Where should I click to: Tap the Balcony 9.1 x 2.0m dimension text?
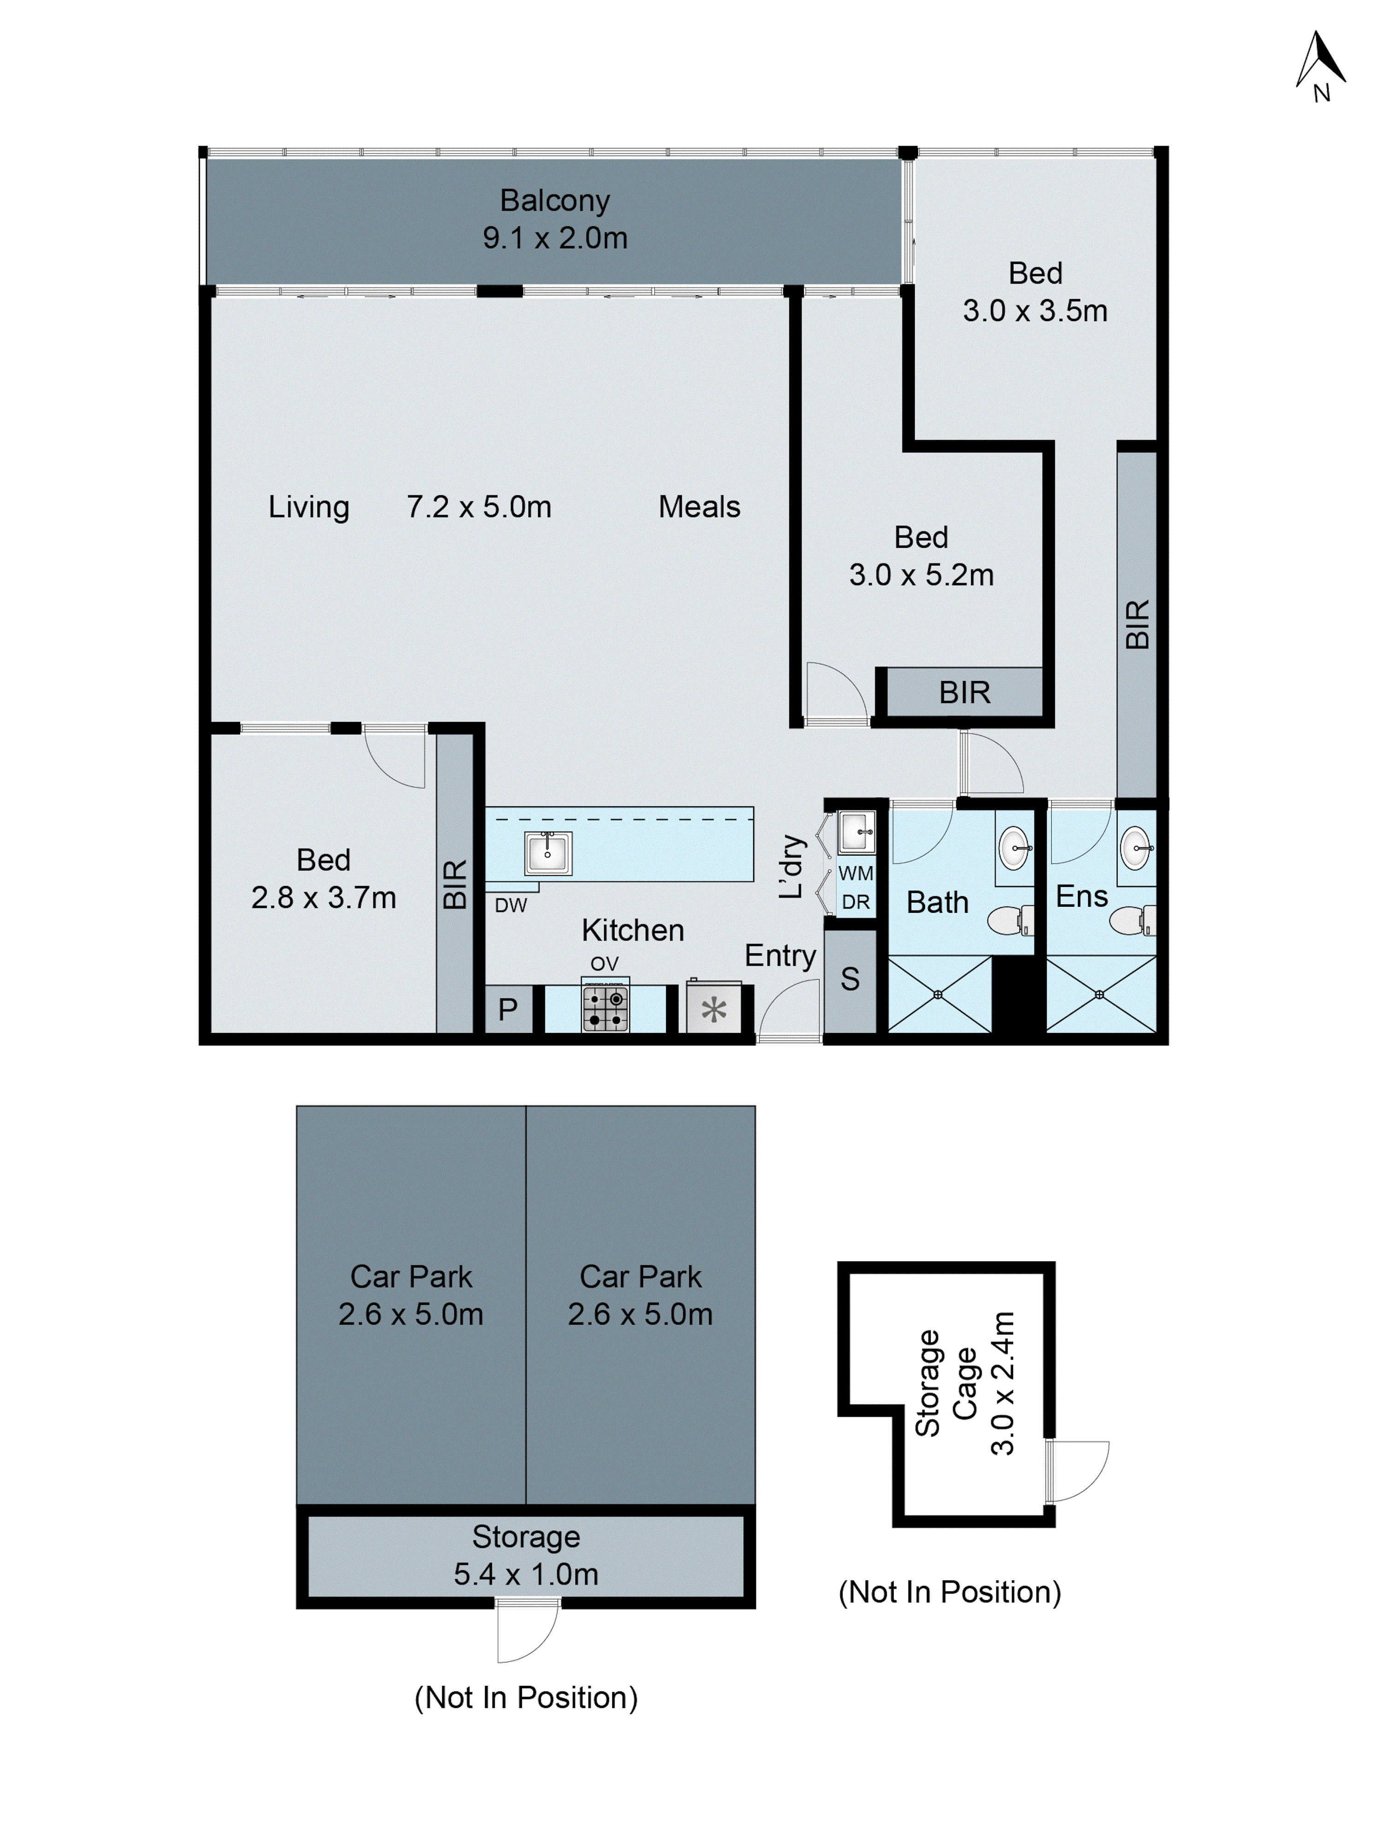pos(555,238)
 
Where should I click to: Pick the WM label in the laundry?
pos(855,873)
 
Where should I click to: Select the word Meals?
pos(699,506)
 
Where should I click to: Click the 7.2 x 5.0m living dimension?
pos(479,506)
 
